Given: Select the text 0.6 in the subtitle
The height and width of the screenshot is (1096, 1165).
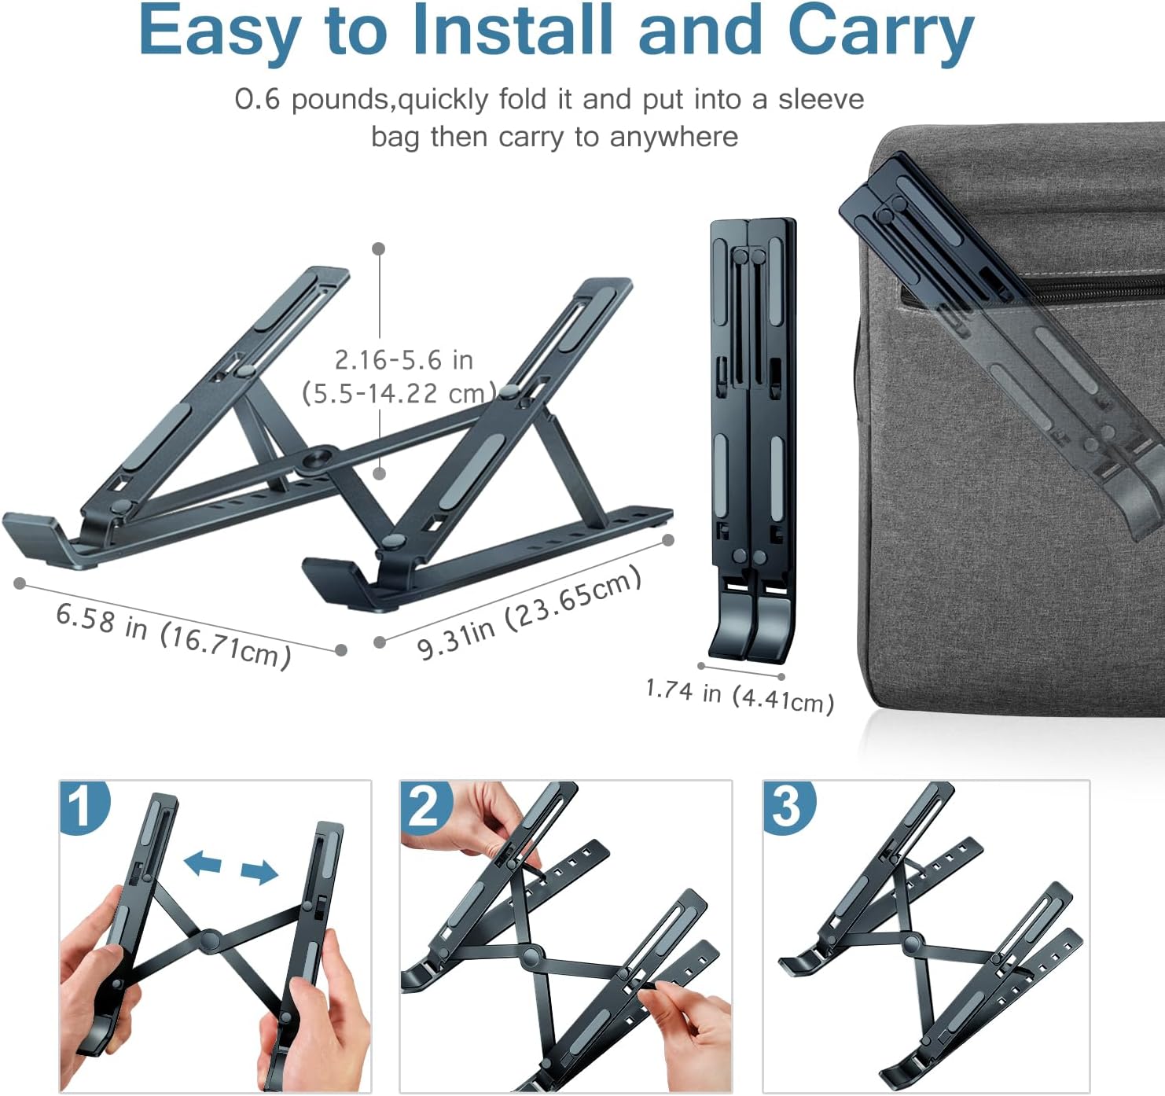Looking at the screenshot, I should (257, 99).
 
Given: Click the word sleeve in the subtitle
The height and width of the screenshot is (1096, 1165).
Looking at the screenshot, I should (821, 99).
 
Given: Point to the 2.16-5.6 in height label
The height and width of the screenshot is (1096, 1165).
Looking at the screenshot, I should (403, 360).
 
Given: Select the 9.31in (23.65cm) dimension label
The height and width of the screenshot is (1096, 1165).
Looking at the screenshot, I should (528, 613).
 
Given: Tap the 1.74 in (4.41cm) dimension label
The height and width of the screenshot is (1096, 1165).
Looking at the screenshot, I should (739, 695).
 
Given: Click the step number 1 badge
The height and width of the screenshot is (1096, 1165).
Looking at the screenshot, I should (83, 806).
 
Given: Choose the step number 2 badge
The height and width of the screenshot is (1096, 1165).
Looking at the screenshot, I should (425, 806).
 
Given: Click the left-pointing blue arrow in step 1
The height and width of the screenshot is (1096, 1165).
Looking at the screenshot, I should (202, 863).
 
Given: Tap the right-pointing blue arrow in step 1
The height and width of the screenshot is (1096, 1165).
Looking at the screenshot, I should (259, 871).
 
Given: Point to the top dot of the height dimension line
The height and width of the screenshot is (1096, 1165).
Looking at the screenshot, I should (379, 248).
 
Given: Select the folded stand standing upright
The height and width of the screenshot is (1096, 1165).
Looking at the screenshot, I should (752, 440).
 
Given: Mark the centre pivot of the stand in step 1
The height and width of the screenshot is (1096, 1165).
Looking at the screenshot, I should (209, 940).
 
